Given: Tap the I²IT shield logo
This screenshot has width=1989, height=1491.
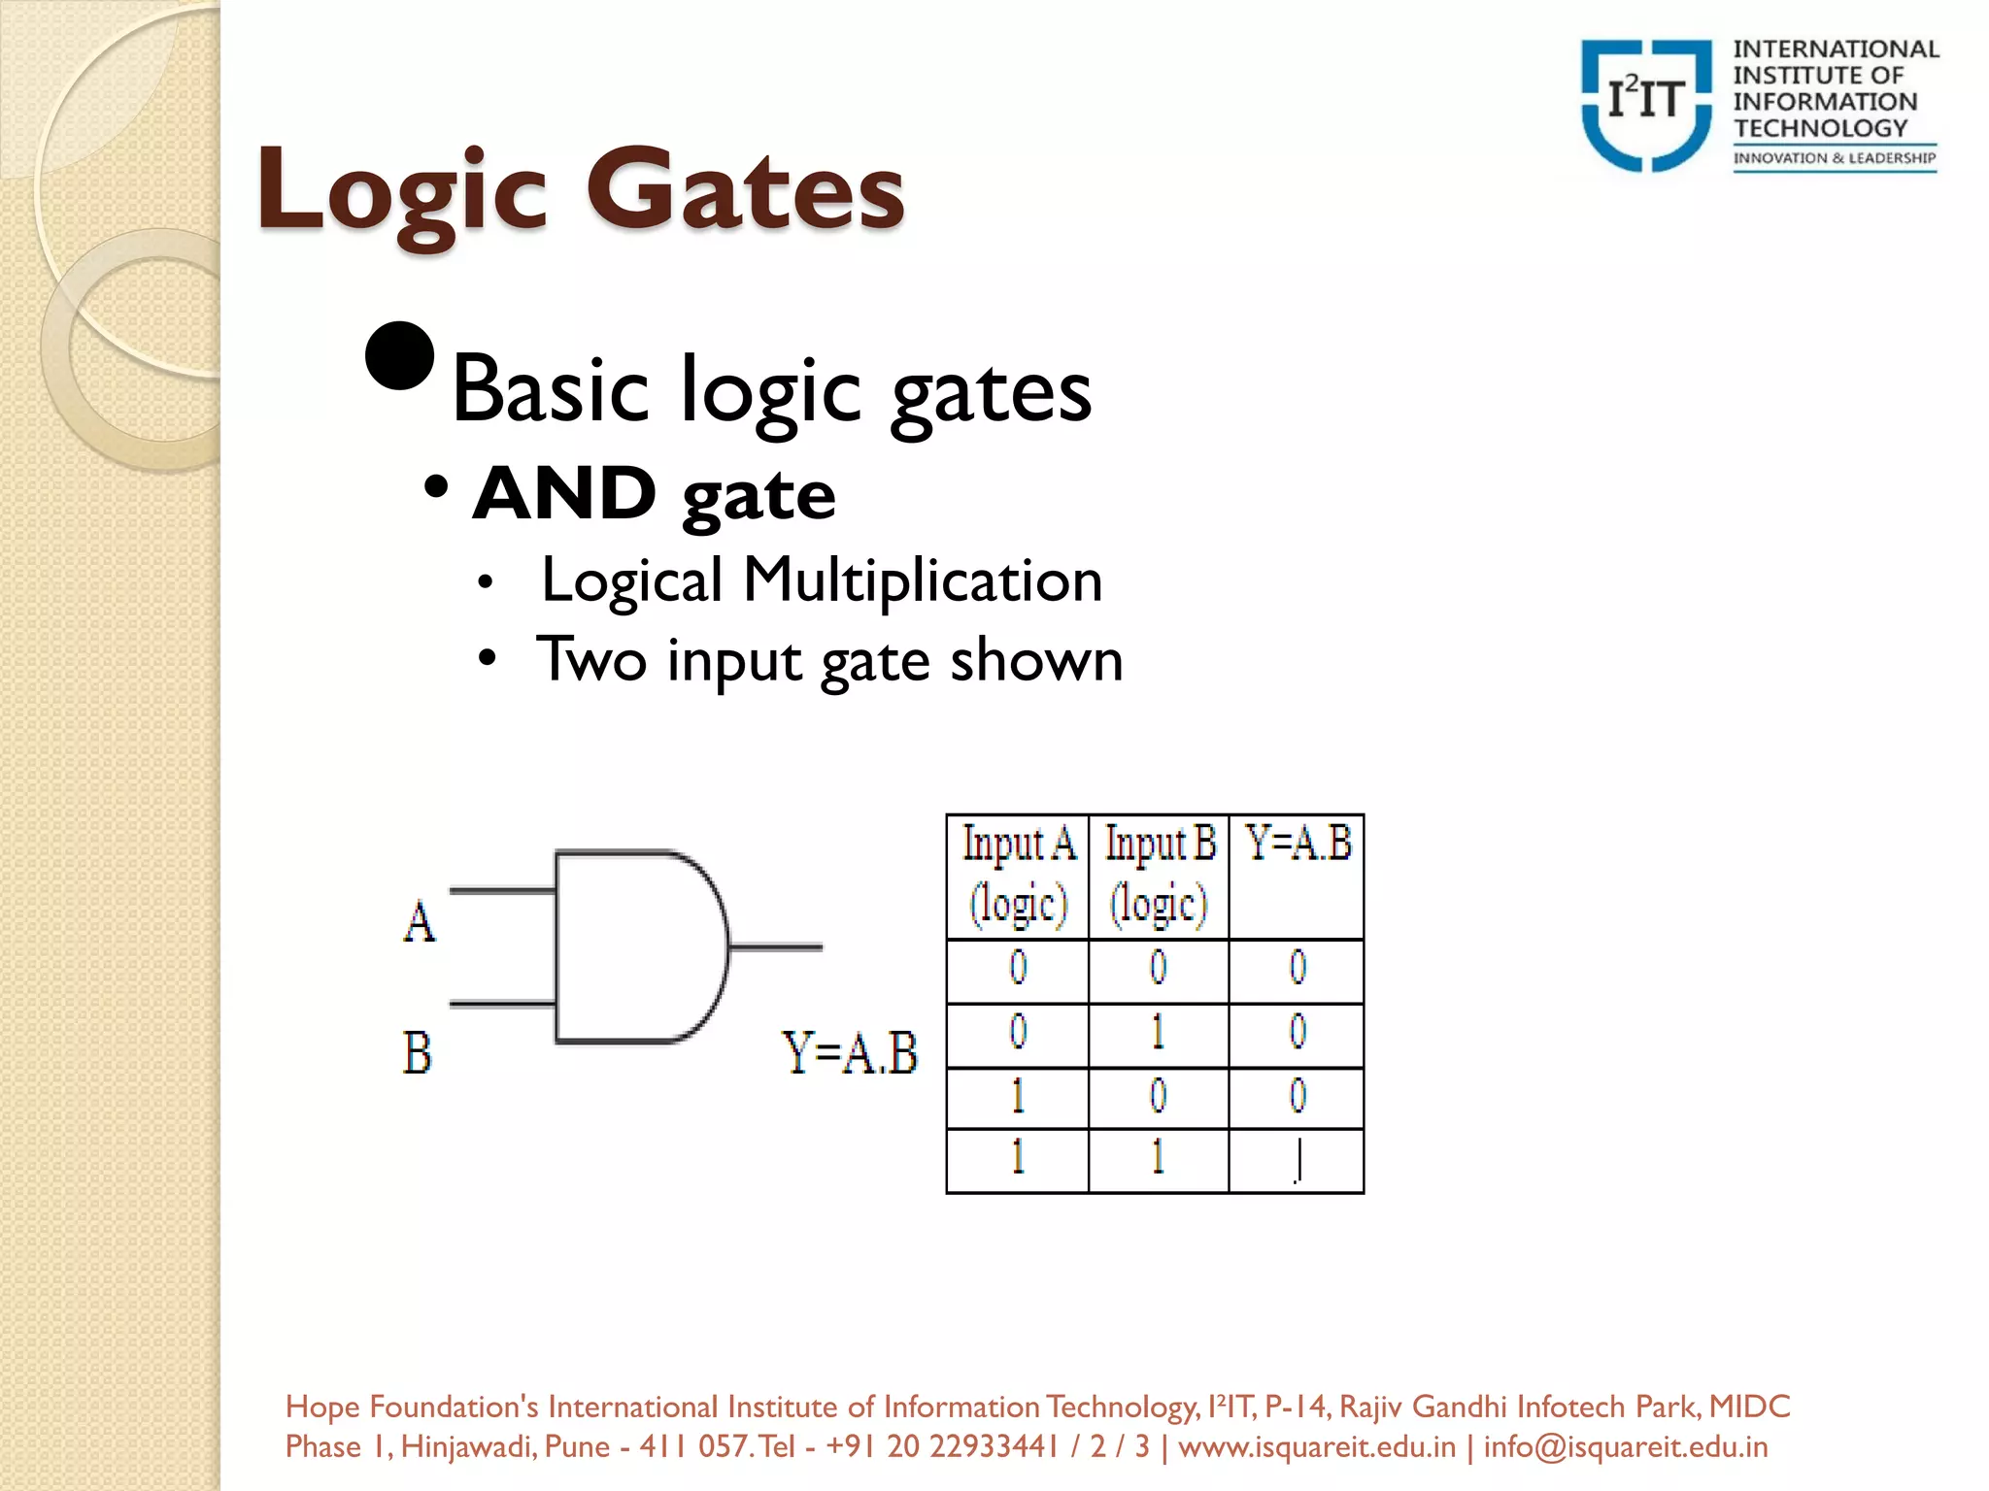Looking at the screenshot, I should click(x=1646, y=105).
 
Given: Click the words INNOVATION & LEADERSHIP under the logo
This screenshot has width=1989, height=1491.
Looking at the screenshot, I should click(x=1835, y=158).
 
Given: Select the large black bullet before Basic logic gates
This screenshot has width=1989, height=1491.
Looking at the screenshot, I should click(x=399, y=355).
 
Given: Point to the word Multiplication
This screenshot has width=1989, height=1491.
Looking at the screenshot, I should click(x=923, y=580).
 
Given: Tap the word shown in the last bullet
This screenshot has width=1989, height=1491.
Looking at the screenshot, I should click(x=1036, y=660).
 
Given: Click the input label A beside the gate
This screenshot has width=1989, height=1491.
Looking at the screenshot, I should click(x=420, y=921).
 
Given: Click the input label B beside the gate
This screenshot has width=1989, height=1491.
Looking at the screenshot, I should click(x=418, y=1053).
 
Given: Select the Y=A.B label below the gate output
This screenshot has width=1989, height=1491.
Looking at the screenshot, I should click(x=850, y=1053).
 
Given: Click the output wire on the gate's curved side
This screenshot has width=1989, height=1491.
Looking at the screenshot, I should click(x=775, y=945).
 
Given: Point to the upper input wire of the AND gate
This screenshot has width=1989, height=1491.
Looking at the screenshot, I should click(x=502, y=890).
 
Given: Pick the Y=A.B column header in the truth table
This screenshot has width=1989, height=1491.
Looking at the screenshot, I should click(x=1298, y=845).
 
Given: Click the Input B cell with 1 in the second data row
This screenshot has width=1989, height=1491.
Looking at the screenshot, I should click(x=1159, y=1033).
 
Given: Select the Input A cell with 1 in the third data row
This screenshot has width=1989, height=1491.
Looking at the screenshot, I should click(x=1018, y=1097).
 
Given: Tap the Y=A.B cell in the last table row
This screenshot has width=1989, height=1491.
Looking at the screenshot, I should click(x=1298, y=1161).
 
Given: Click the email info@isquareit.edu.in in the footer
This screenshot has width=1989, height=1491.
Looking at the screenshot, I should click(x=1625, y=1447).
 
